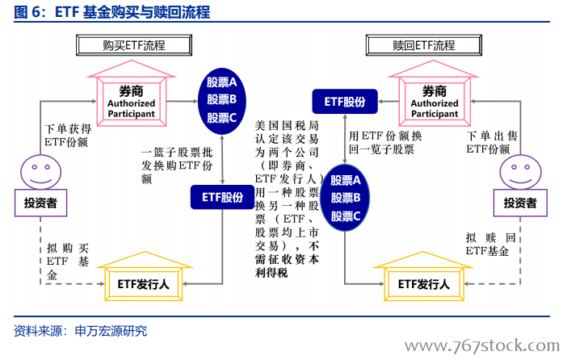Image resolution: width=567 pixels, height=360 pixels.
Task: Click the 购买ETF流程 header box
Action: click(134, 45)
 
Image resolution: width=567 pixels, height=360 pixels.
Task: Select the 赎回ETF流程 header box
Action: click(424, 45)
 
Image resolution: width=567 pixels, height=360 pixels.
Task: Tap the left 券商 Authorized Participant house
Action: click(132, 94)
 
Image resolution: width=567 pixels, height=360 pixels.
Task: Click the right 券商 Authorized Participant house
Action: click(434, 94)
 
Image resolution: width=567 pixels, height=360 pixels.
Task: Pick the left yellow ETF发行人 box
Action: click(144, 277)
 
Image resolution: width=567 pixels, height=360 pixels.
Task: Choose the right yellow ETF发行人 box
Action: click(423, 277)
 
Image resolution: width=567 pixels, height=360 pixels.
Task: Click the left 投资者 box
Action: click(41, 203)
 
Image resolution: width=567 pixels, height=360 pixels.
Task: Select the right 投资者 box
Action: click(520, 203)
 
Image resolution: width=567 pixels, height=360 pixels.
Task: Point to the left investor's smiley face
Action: click(41, 172)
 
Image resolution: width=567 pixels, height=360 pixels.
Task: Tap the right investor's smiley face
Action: click(521, 172)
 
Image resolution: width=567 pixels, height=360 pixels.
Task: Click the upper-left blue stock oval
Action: click(221, 101)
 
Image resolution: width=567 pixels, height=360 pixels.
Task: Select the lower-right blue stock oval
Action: click(346, 198)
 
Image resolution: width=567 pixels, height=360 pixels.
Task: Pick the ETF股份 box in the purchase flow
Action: click(222, 197)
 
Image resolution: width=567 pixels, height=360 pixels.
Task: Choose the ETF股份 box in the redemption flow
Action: click(345, 102)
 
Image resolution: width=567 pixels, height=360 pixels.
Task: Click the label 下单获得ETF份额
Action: click(68, 136)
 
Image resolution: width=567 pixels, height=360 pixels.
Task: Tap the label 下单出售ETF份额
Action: click(492, 142)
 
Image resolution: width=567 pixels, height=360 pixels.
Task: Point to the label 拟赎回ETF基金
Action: click(490, 244)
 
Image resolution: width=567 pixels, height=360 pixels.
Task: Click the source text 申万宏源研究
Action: click(111, 331)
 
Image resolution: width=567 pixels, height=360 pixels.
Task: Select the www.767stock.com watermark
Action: click(482, 346)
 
